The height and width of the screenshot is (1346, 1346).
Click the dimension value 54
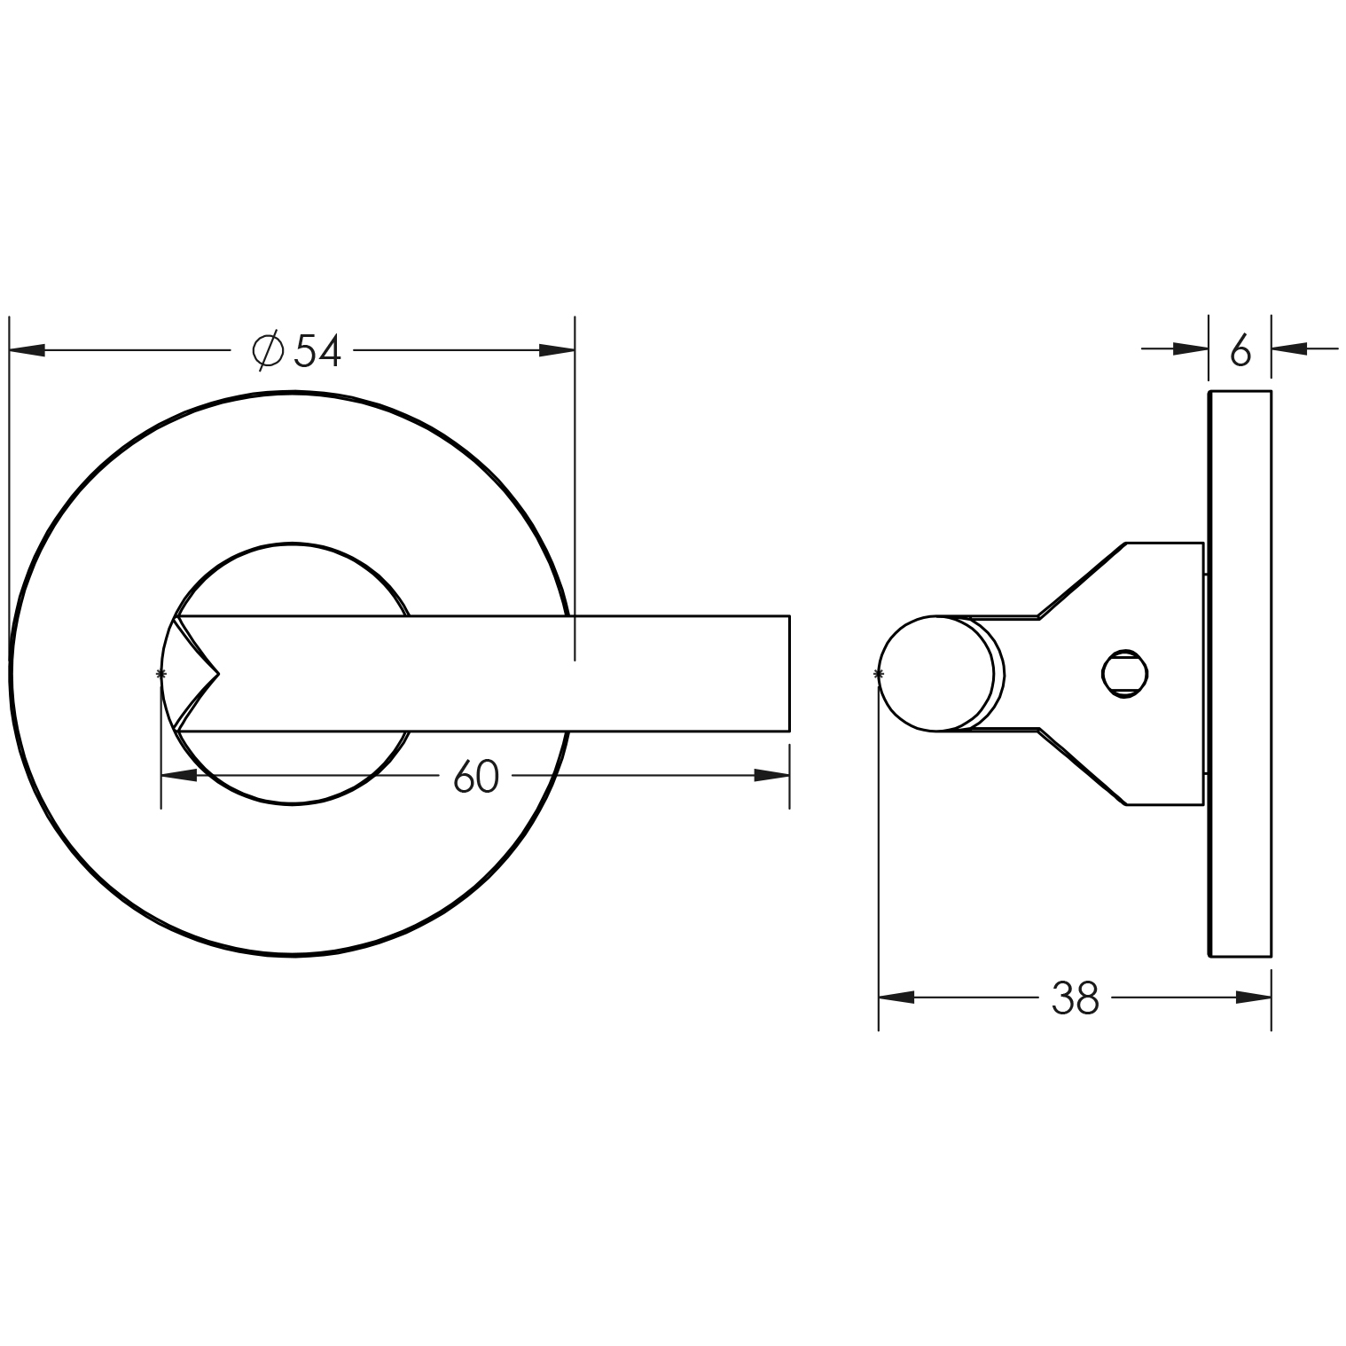(x=318, y=351)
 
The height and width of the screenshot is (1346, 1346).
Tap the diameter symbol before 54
(x=268, y=351)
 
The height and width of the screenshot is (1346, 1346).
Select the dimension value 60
(x=476, y=778)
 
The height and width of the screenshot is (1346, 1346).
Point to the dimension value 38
(x=1075, y=998)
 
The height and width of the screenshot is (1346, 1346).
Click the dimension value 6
(x=1240, y=352)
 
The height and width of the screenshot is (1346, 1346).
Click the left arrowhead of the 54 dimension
(x=27, y=351)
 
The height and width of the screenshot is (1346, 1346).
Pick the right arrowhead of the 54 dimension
(x=558, y=350)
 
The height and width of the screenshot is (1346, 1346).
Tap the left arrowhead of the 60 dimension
(x=179, y=776)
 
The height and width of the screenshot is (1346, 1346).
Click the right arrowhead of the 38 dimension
(x=1254, y=998)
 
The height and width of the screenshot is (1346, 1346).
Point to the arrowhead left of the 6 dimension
(x=1191, y=349)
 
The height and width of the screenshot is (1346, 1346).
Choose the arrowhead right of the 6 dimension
(x=1290, y=349)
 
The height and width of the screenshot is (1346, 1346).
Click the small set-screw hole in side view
(x=1124, y=673)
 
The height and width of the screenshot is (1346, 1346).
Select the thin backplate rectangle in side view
(x=1240, y=674)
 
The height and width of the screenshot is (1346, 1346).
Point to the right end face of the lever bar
(x=788, y=674)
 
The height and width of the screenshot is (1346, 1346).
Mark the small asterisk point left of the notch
(x=160, y=674)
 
